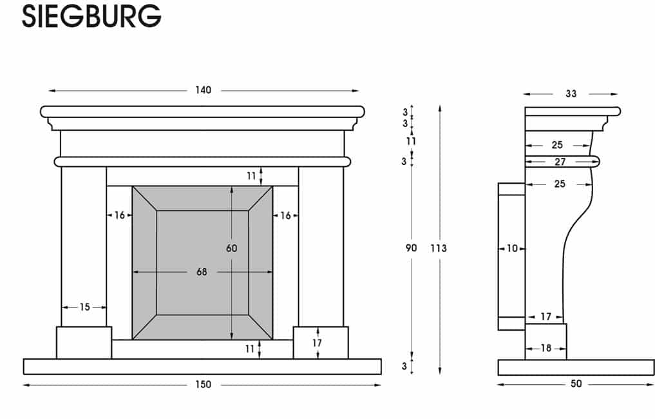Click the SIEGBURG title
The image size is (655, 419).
click(91, 17)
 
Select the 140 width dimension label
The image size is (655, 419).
click(203, 90)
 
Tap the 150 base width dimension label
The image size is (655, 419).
click(203, 385)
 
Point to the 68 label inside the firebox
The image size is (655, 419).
click(202, 272)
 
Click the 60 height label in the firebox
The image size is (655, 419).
click(232, 248)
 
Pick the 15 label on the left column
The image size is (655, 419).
click(84, 307)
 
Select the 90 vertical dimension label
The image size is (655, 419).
click(412, 248)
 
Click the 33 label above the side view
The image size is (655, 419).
click(571, 93)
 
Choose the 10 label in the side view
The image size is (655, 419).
click(512, 248)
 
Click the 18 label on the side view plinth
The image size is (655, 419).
click(546, 348)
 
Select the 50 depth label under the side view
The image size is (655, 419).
click(576, 384)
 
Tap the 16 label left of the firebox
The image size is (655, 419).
click(120, 215)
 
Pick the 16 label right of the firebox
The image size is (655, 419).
click(285, 215)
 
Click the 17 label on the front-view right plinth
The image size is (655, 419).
click(317, 343)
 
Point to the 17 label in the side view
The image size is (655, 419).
click(546, 317)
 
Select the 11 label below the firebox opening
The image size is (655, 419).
click(251, 349)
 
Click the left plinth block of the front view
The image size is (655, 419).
click(84, 342)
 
